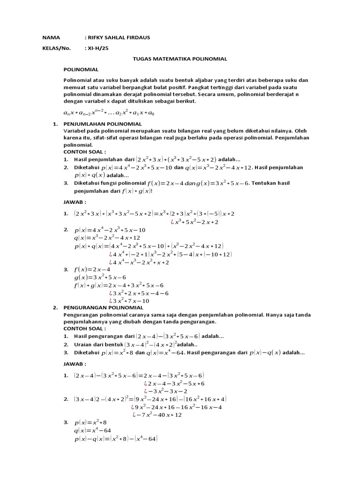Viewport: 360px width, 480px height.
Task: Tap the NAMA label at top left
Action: (x=49, y=37)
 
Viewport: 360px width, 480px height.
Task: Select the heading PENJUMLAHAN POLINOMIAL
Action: (x=97, y=124)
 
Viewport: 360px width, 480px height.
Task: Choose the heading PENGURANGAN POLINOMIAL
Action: (x=97, y=307)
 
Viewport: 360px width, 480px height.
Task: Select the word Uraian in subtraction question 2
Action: (x=83, y=344)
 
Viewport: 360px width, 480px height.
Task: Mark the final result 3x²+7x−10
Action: (x=129, y=300)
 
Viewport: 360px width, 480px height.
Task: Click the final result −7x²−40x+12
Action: (x=157, y=414)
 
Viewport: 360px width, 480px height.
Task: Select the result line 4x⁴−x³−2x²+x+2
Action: (x=139, y=262)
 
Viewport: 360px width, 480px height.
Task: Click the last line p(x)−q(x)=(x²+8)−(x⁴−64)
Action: (x=116, y=439)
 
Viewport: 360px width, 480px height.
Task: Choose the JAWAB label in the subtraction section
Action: (x=75, y=364)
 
